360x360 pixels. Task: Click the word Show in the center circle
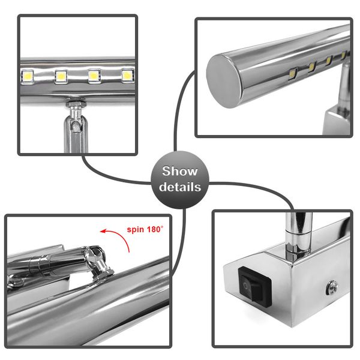[x=179, y=172]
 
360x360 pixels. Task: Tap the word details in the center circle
[x=179, y=187]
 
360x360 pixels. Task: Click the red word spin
[x=137, y=229]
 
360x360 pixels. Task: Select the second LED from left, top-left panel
[x=61, y=76]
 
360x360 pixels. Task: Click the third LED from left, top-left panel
[x=94, y=76]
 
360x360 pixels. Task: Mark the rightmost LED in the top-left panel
[x=127, y=76]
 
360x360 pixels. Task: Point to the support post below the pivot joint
[x=75, y=135]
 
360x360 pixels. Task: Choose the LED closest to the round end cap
[x=292, y=74]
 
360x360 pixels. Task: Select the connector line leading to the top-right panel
[x=180, y=108]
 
